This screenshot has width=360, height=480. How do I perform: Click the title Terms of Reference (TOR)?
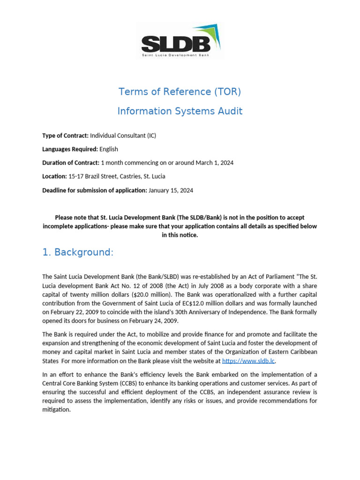(180, 91)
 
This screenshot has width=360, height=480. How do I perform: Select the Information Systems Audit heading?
(180, 111)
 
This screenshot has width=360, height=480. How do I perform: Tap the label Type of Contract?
(65, 135)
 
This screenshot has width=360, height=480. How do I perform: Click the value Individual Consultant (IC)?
(123, 135)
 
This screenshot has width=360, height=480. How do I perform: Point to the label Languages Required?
(70, 149)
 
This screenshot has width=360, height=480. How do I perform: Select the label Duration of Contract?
(71, 163)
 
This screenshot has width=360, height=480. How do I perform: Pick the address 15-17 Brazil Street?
(94, 176)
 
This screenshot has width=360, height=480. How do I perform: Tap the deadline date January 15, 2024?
(171, 190)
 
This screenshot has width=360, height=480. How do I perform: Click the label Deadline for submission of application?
(94, 190)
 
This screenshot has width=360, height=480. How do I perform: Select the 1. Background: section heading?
(78, 252)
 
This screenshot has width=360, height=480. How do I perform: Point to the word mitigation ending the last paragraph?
(56, 409)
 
